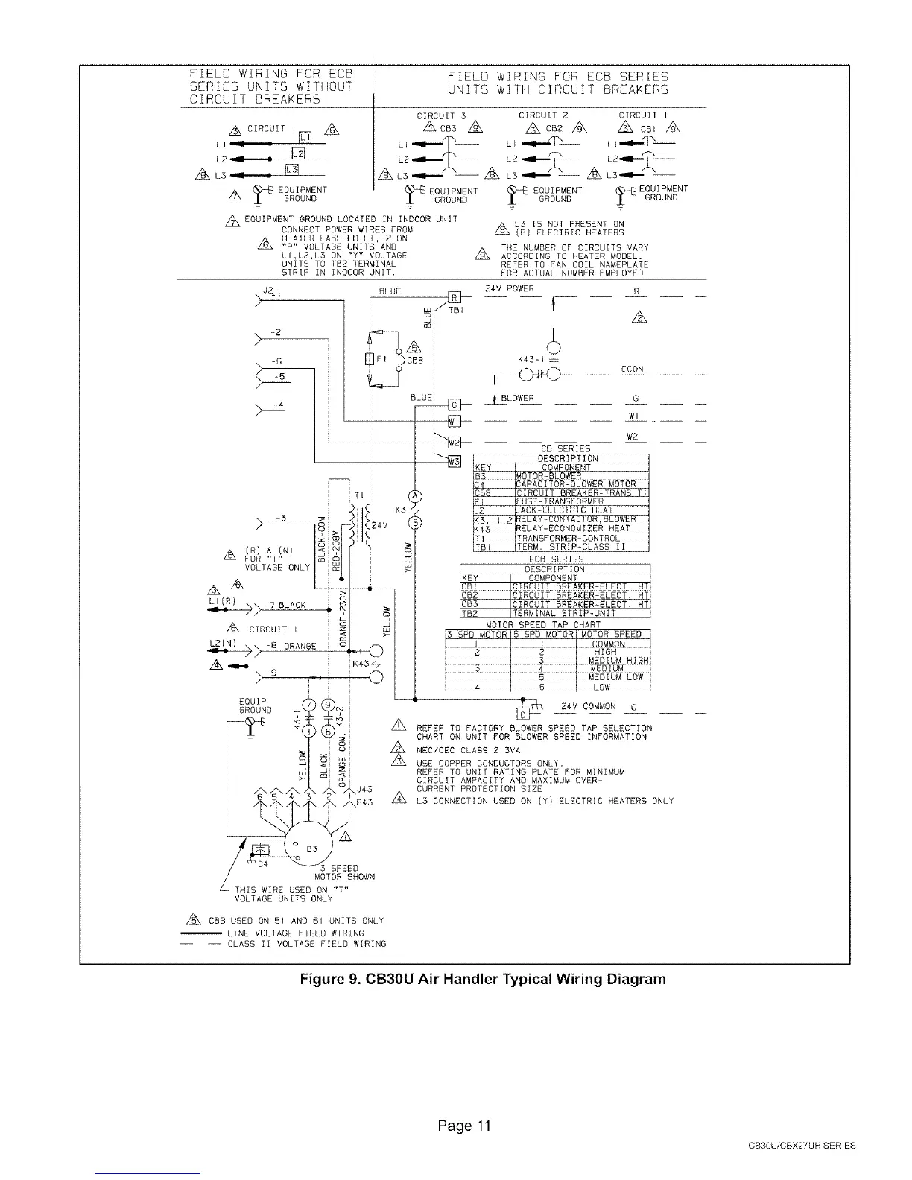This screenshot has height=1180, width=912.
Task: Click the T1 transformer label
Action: click(358, 495)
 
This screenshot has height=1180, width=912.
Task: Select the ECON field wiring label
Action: click(633, 369)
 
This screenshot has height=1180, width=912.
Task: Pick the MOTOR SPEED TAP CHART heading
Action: click(543, 625)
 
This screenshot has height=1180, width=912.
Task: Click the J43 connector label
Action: click(364, 790)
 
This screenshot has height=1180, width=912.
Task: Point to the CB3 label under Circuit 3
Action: click(446, 127)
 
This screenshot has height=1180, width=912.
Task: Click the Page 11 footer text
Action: click(464, 1126)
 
